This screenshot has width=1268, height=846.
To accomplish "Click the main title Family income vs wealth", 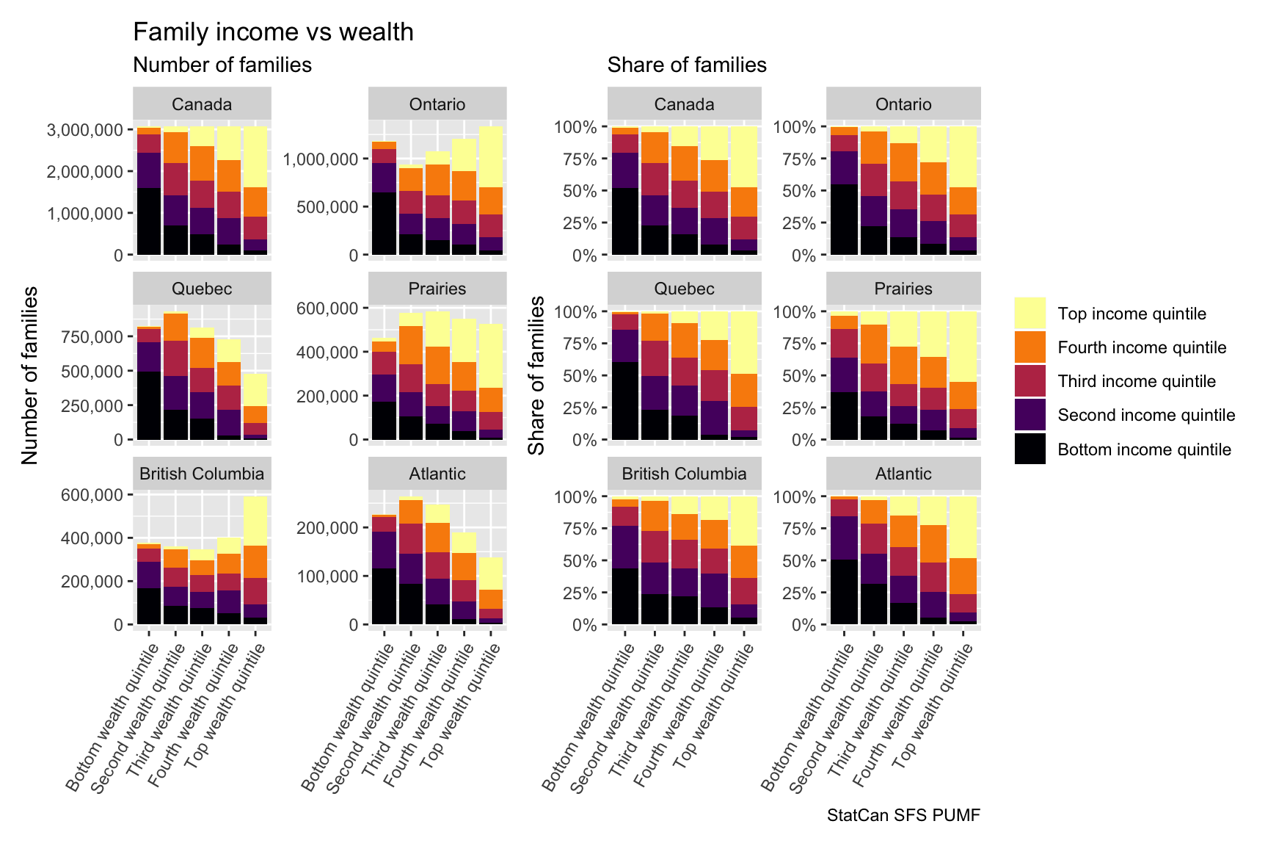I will [x=273, y=32].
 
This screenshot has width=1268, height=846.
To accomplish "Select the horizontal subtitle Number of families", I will [x=222, y=65].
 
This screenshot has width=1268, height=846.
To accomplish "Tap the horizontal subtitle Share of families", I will [x=687, y=65].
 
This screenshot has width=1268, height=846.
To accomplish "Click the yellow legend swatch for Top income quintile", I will [x=1030, y=314].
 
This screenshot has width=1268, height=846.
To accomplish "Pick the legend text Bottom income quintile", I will [x=1144, y=449].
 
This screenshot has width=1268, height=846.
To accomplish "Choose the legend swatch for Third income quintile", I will [x=1030, y=381].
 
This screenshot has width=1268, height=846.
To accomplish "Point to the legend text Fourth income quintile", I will [x=1142, y=347].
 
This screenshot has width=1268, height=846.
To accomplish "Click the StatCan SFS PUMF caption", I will [x=903, y=815].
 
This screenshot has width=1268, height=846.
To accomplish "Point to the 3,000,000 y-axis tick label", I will [x=84, y=130].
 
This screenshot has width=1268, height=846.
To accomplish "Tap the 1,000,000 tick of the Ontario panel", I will [x=321, y=159].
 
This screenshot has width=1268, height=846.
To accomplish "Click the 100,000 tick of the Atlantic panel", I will [x=326, y=576].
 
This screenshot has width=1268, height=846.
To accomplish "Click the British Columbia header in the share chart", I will [x=684, y=474].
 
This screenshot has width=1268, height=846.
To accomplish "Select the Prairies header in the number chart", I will [x=437, y=289].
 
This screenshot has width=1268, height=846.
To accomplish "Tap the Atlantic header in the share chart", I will [x=903, y=474].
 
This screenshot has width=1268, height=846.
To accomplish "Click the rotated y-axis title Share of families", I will [x=537, y=375].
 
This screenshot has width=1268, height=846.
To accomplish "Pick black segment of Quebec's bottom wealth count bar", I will [x=149, y=405].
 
